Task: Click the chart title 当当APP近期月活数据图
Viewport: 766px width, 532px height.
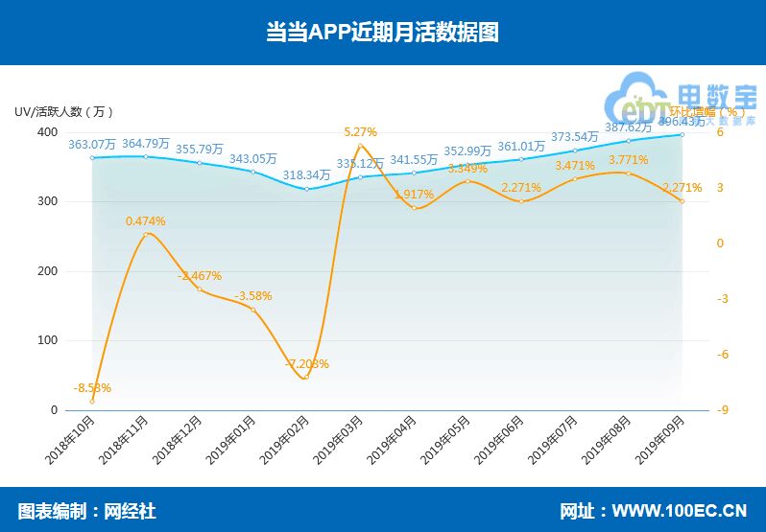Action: (x=382, y=32)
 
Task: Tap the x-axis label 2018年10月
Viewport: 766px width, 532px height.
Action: (x=72, y=441)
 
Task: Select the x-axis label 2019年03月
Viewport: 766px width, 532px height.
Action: (x=341, y=441)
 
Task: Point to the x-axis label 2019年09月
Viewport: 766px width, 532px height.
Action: (x=663, y=441)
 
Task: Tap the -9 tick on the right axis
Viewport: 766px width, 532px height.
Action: (x=721, y=410)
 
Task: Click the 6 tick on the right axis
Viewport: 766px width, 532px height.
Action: (x=719, y=132)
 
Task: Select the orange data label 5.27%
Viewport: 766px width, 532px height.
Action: (x=361, y=131)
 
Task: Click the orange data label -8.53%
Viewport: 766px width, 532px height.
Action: (x=92, y=388)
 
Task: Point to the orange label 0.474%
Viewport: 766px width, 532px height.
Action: (x=146, y=221)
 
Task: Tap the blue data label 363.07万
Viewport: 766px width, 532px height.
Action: (x=92, y=145)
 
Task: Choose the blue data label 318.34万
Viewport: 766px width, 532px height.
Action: (x=307, y=175)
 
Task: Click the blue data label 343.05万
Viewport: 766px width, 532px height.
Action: (x=253, y=159)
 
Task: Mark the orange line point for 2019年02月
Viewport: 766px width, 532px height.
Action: (x=306, y=378)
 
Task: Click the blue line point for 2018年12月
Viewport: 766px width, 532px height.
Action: (x=200, y=163)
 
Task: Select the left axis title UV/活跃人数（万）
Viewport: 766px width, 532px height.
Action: (x=65, y=111)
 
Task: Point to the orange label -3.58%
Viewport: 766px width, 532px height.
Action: (x=253, y=296)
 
